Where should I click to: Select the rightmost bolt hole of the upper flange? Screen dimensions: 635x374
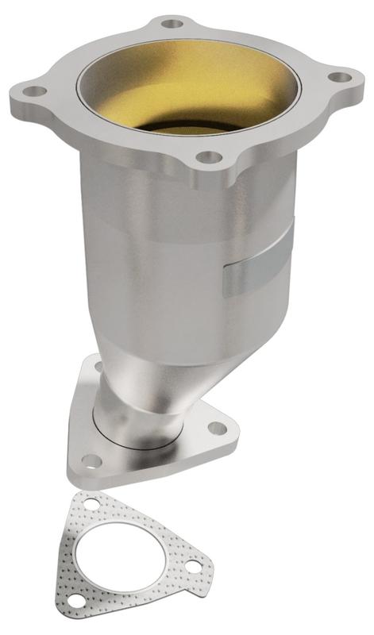point(340,77)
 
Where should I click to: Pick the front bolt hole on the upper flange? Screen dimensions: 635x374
point(207,157)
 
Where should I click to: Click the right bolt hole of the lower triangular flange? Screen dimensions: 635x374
point(217,429)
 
